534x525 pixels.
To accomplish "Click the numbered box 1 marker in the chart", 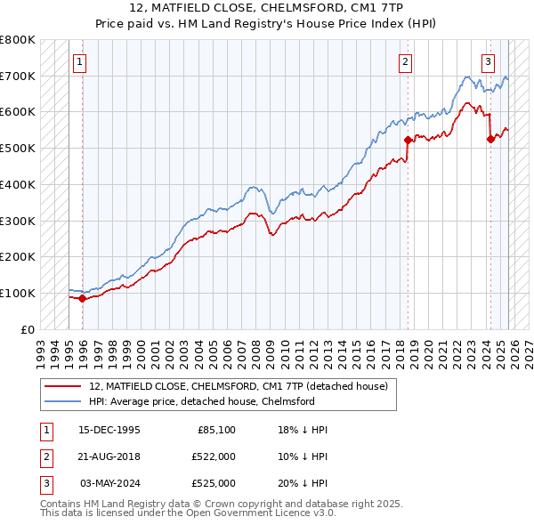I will tap(80, 62).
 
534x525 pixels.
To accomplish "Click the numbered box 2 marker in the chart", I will tap(406, 62).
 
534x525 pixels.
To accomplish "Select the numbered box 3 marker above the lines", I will tap(489, 62).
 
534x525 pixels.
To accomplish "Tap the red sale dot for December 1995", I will tap(83, 298).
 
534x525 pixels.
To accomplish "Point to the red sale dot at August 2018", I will tap(408, 140).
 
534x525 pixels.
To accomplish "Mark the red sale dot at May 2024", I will tap(490, 139).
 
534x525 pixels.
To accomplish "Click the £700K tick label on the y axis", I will tap(18, 77).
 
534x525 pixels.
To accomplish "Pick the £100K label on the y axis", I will tap(18, 293).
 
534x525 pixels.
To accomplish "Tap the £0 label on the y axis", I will tap(27, 329).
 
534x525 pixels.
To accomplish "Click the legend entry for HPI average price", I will tap(202, 401).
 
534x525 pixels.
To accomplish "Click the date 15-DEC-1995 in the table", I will tap(109, 430).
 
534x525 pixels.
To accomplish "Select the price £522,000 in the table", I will tap(214, 456).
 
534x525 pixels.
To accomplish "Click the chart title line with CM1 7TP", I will tap(267, 10).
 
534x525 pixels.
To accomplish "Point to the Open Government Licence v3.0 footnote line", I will tap(188, 514).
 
